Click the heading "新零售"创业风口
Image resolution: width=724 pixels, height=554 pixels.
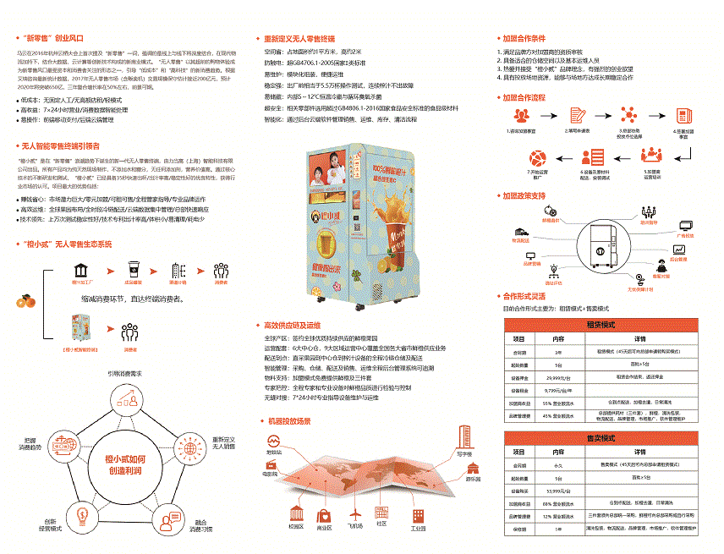coord(53,38)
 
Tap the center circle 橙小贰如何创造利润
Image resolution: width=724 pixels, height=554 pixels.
coord(125,463)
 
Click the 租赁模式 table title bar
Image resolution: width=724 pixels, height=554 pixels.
coord(600,325)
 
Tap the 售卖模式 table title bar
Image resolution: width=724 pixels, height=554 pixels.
coord(600,438)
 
